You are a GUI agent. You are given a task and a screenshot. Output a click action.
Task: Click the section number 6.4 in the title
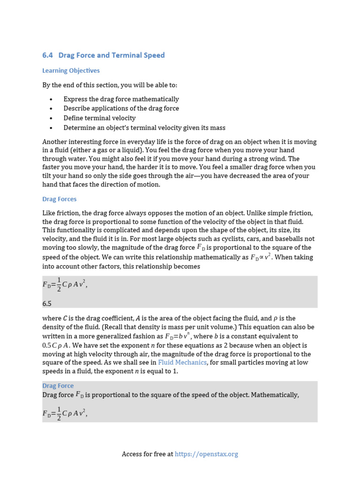47,55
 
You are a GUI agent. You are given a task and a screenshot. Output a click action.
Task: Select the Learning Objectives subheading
71,71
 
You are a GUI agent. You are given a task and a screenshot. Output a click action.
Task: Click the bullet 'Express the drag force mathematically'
121,99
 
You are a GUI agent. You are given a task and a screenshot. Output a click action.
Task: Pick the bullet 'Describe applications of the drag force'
121,109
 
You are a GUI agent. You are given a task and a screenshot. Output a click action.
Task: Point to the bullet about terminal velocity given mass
144,127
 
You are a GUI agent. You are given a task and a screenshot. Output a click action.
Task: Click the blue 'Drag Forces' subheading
59,199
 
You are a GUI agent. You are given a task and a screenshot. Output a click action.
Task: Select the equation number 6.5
47,304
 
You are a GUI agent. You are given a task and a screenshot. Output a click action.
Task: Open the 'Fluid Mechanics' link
182,363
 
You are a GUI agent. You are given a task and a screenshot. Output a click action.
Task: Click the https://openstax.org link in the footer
206,454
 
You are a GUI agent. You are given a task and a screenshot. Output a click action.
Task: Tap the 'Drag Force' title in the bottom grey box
58,386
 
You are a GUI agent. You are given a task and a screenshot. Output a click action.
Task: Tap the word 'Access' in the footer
132,454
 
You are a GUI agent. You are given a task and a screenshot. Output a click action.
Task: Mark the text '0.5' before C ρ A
48,345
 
